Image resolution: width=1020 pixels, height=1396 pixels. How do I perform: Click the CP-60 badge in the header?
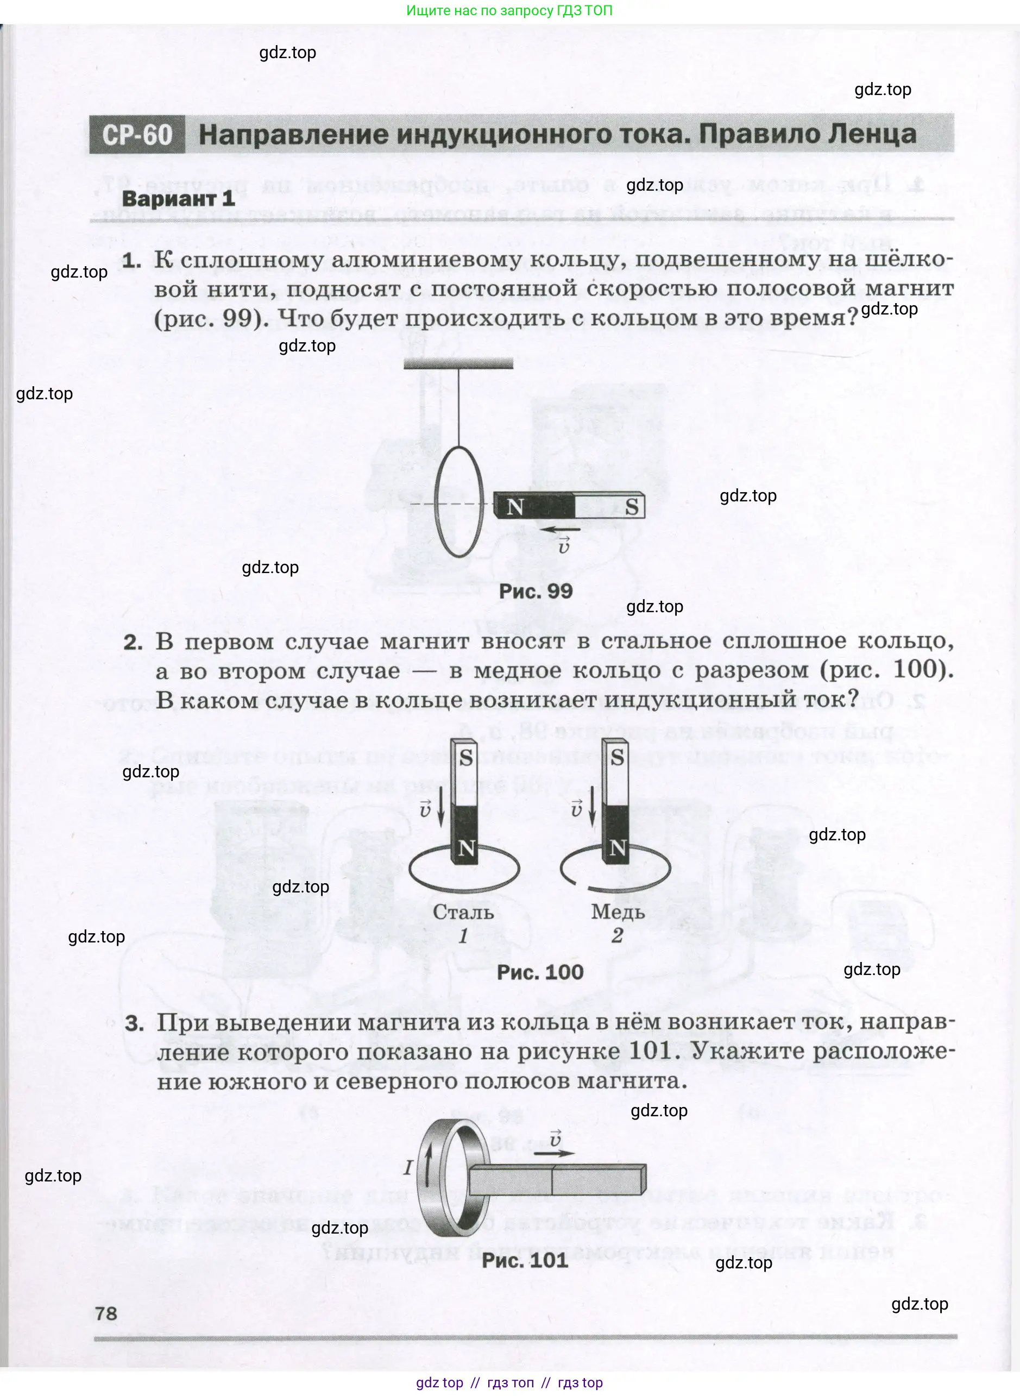click(x=136, y=135)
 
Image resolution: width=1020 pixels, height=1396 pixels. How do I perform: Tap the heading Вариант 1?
click(x=179, y=199)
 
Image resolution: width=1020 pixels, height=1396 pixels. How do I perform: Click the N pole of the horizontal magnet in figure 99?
click(x=515, y=507)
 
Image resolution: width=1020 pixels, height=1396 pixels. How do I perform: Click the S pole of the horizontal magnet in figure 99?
click(x=631, y=507)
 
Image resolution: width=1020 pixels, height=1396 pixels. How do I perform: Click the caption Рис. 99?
click(x=536, y=591)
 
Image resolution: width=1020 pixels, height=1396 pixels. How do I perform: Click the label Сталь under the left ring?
click(x=463, y=912)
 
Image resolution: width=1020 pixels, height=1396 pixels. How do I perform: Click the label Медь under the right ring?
click(x=618, y=912)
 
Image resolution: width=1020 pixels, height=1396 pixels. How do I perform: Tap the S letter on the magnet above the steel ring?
click(x=466, y=757)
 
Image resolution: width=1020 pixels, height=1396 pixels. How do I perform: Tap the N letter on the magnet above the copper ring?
click(x=618, y=848)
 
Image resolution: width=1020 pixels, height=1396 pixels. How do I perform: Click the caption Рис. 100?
click(x=540, y=972)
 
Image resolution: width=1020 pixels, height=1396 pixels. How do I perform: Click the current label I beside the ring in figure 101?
click(x=407, y=1167)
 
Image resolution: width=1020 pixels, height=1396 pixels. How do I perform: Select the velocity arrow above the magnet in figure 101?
click(x=554, y=1152)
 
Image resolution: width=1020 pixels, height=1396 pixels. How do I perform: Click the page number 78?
click(x=106, y=1313)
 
